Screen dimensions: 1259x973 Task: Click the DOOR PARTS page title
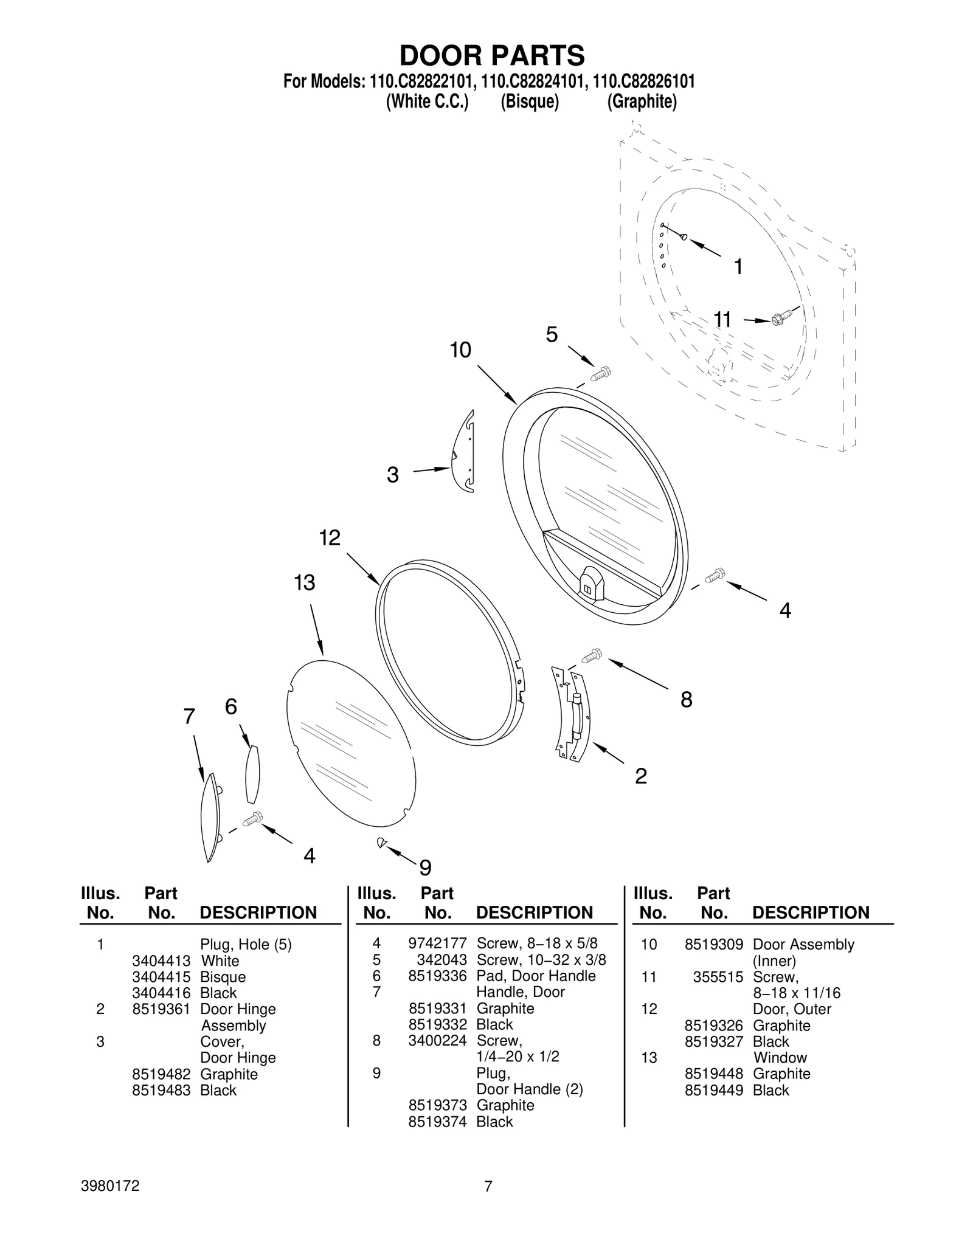[x=491, y=55]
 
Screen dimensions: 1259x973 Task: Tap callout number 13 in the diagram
[x=305, y=582]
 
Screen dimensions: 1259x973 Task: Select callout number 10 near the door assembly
[x=460, y=350]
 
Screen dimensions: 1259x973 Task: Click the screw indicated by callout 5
[x=601, y=374]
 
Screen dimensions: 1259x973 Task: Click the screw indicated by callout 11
[x=780, y=318]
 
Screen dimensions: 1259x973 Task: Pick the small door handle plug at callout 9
[x=382, y=842]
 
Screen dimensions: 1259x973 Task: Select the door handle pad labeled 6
[x=252, y=774]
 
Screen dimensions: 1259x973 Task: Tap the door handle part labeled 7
[x=210, y=816]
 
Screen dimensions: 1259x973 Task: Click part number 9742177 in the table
[x=437, y=943]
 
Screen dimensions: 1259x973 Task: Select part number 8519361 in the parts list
[x=161, y=1009]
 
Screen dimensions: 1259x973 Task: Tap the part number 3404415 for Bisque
[x=161, y=977]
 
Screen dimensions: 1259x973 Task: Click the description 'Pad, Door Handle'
[x=536, y=976]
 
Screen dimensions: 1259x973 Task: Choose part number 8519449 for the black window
[x=713, y=1090]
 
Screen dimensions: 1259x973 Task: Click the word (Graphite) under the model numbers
[x=642, y=102]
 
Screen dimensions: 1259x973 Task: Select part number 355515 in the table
[x=718, y=977]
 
